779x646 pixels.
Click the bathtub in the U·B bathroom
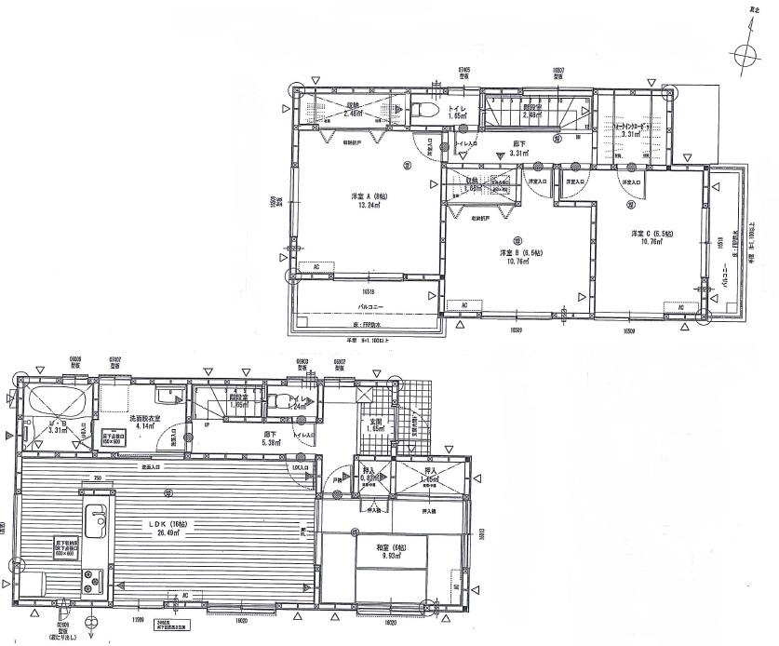point(58,402)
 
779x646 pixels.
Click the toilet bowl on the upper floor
point(425,110)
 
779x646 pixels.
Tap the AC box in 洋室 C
point(680,308)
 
